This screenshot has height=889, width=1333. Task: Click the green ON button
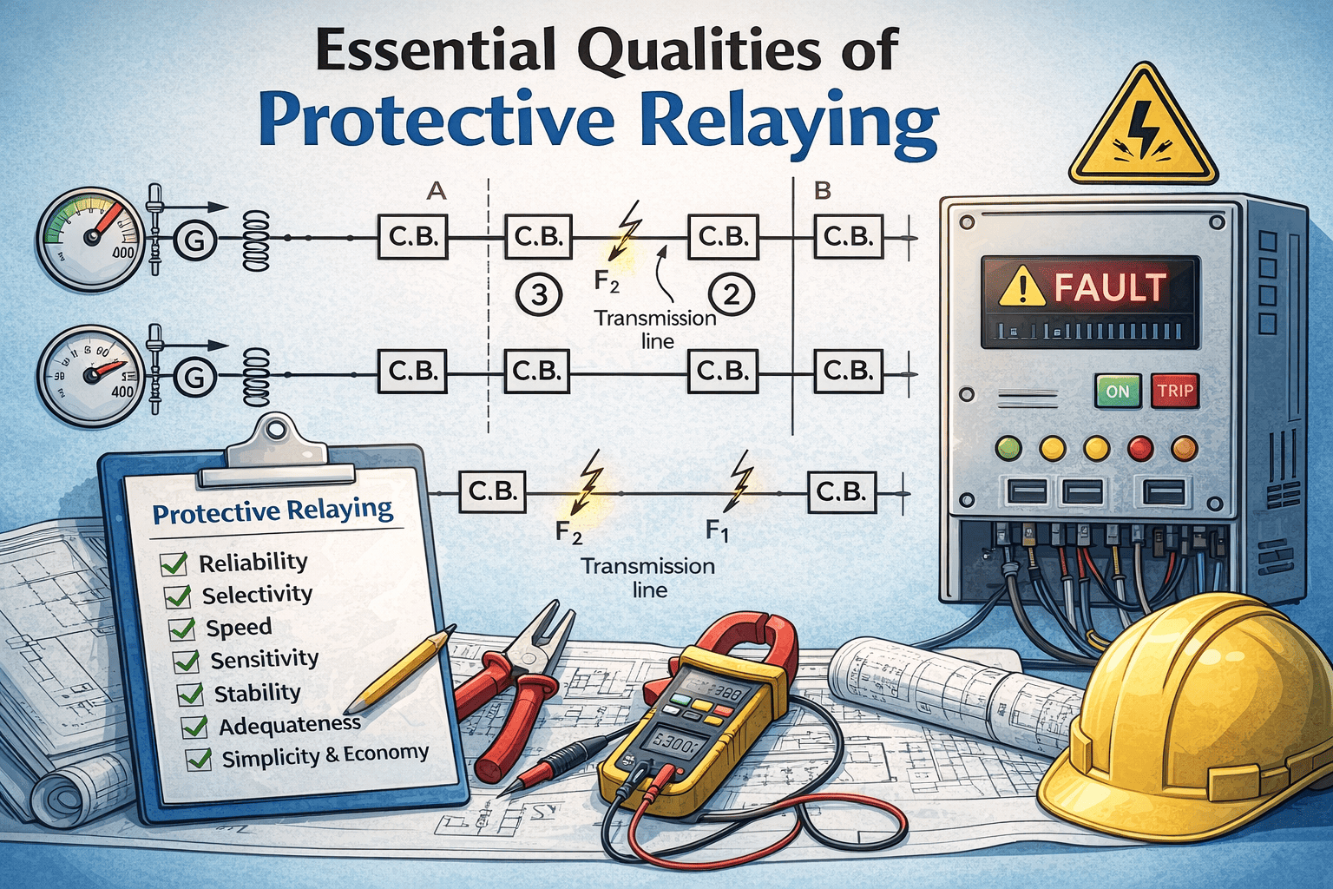coord(1118,391)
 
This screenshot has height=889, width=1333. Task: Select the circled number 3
coord(539,295)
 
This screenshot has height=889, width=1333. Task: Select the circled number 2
coord(731,295)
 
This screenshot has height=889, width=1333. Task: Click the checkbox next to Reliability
coord(174,564)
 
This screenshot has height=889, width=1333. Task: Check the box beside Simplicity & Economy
coord(199,759)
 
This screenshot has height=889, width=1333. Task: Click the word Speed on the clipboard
coord(239,627)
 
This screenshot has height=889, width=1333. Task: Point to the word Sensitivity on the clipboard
coord(264,659)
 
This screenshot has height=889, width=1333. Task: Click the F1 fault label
coord(717,529)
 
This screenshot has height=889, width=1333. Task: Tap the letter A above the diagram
coord(437,190)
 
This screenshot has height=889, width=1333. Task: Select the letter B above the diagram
coord(823,190)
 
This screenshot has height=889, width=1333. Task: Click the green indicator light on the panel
coord(1008,448)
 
